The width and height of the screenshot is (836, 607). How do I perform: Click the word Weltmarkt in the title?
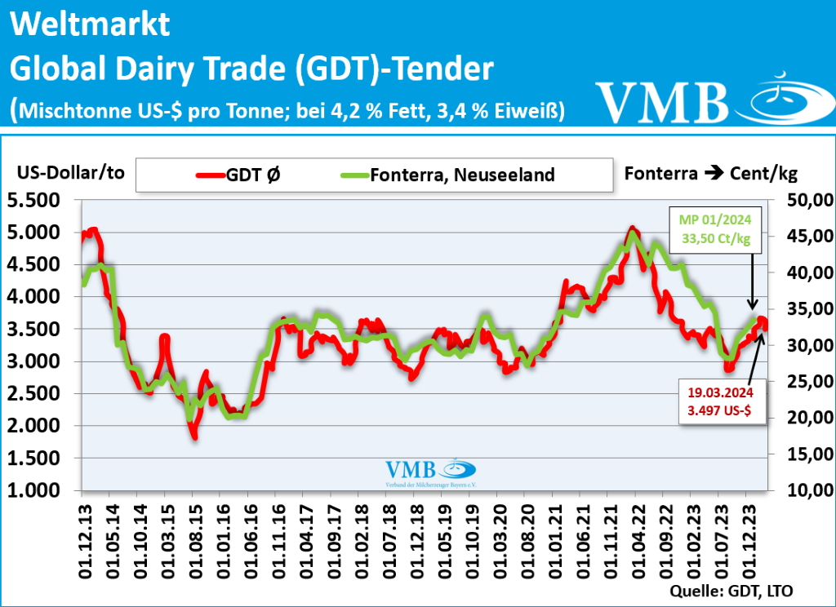point(91,24)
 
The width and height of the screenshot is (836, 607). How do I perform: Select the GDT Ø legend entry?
point(241,175)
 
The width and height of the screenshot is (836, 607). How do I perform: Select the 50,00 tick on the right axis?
point(808,200)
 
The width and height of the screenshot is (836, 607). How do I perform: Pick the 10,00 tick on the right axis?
point(808,490)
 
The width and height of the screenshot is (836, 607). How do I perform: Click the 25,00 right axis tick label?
point(808,381)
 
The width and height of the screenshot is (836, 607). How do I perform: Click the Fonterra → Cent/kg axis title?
point(710,173)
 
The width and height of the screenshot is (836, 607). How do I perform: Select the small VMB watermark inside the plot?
point(430,472)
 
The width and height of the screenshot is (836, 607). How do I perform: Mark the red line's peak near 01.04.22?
point(633,229)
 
